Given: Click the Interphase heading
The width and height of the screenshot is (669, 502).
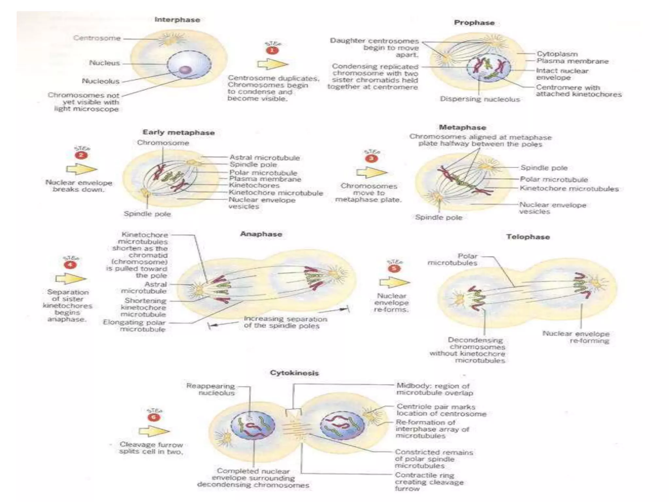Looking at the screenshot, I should pos(177,20).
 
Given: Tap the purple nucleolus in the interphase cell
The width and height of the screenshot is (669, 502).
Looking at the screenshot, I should pos(185,70).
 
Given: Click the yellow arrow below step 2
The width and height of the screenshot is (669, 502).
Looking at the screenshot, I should pos(81,169).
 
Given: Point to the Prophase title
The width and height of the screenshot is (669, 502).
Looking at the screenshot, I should pos(474,23).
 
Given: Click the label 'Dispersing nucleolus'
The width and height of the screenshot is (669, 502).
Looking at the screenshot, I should pos(480,99).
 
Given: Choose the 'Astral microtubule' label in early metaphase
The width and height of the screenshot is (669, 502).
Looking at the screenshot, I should pos(264,158).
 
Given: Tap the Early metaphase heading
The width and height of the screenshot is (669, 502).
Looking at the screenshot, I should pos(178,132).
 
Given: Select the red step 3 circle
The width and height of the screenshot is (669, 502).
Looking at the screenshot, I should pos(372,159).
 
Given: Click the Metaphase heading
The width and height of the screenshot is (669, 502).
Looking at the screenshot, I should pos(462,127).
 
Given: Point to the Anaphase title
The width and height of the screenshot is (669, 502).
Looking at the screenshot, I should pos(261,234).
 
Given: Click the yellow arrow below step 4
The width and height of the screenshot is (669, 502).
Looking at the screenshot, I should pos(71,279).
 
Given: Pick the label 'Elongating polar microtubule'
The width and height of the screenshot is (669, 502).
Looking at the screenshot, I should pos(134,326).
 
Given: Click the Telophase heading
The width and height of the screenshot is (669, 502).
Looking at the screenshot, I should pos(528,237).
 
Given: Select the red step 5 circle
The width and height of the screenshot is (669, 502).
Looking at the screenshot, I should pos(394,268).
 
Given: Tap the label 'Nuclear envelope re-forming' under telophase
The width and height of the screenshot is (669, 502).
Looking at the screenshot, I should pos(576,337).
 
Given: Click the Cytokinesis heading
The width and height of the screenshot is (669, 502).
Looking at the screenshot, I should pos(294,373).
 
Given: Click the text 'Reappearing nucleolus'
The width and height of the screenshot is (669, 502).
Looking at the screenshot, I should pos(210,389).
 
